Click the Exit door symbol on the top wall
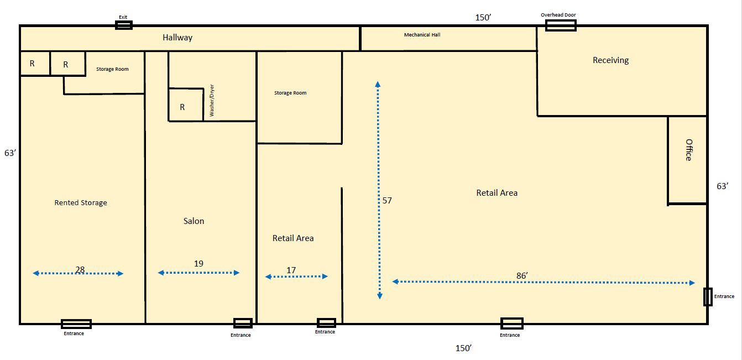(123, 25)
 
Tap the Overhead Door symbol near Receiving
(561, 25)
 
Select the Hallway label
(177, 38)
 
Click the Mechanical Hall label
(422, 35)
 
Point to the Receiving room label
(610, 60)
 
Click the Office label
(689, 150)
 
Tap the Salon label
(194, 221)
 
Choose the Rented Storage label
(81, 203)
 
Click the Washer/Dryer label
(212, 100)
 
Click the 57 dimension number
(387, 200)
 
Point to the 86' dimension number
(522, 275)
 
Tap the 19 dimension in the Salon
(198, 264)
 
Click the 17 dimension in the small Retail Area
(291, 270)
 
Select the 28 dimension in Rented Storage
(80, 270)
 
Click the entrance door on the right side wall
(708, 297)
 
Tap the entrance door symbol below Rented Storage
(76, 324)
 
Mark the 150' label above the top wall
(483, 18)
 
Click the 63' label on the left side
(10, 153)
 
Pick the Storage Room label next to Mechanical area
(290, 93)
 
